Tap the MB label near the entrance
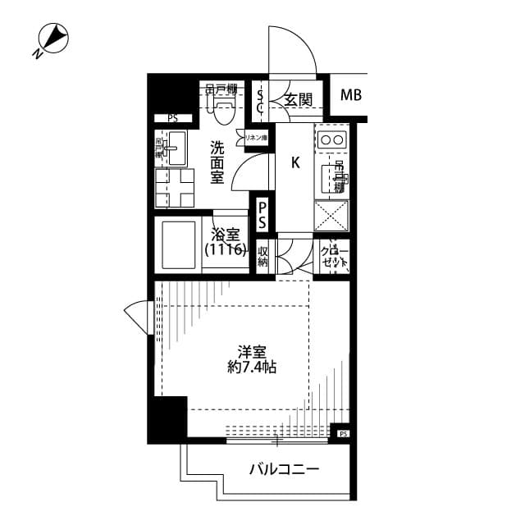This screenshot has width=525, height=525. (x=351, y=96)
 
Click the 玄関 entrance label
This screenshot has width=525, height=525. (x=298, y=100)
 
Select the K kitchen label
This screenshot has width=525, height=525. (x=294, y=162)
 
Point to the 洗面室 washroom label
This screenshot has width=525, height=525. (x=217, y=162)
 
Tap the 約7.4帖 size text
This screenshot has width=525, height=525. (x=252, y=367)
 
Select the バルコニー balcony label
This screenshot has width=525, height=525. (x=284, y=470)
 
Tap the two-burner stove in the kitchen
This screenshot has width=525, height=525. (x=332, y=140)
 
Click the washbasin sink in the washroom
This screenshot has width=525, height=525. (x=175, y=150)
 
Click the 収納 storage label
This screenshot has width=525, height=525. (x=263, y=257)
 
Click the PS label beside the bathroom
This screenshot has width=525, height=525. (x=262, y=215)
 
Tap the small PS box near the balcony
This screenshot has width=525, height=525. (x=343, y=433)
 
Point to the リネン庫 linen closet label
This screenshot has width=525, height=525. (x=256, y=137)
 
